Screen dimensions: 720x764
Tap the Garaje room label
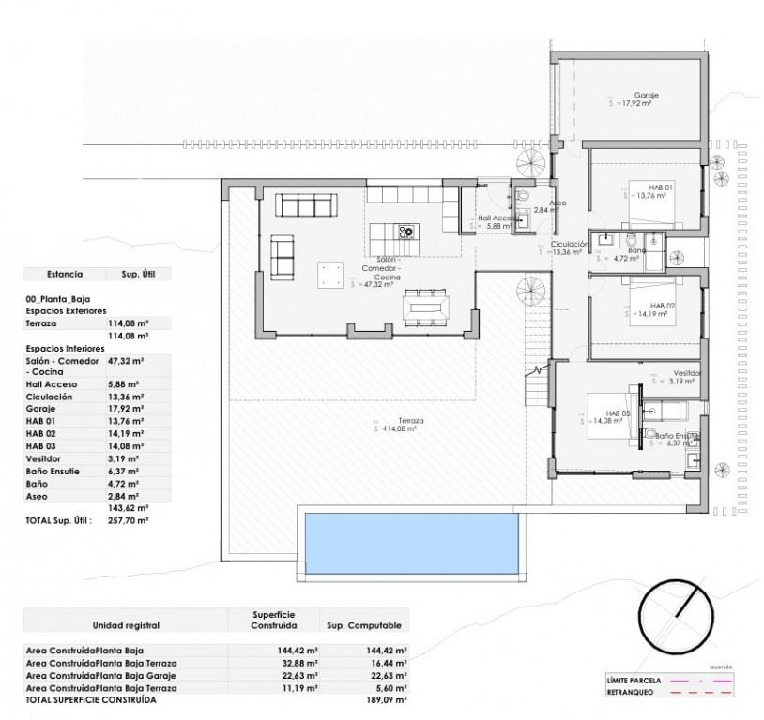645,96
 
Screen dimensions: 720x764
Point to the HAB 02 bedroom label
663,306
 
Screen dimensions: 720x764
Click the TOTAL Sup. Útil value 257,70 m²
130,519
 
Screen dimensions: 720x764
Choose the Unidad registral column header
126,624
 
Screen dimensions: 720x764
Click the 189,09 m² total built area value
386,699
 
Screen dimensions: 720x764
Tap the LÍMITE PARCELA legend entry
634,680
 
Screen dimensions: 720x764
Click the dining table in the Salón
426,307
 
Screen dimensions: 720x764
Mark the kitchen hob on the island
406,231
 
